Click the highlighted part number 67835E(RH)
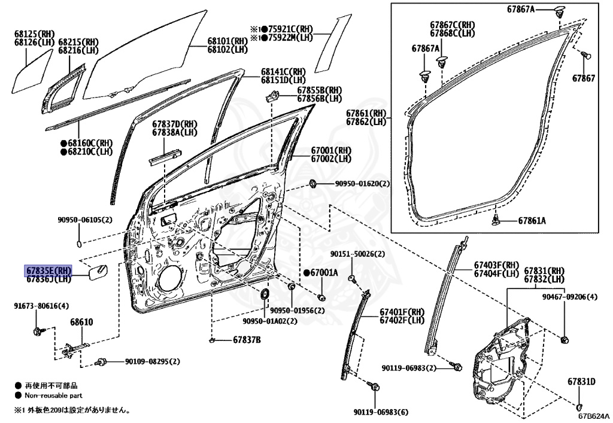click(x=48, y=270)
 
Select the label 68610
click(x=81, y=322)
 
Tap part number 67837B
click(x=247, y=340)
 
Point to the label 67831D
click(x=581, y=382)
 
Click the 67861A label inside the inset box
click(x=532, y=221)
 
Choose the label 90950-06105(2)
click(x=85, y=220)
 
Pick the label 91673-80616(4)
click(x=41, y=306)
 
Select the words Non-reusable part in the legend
click(x=53, y=395)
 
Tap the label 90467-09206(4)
click(x=570, y=297)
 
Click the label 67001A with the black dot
click(x=321, y=272)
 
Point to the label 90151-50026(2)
click(x=357, y=254)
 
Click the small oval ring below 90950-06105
click(x=79, y=244)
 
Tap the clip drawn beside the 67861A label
click(x=496, y=220)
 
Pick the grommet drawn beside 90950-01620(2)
click(x=312, y=183)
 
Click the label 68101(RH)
click(x=227, y=41)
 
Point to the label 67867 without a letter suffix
click(x=584, y=78)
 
